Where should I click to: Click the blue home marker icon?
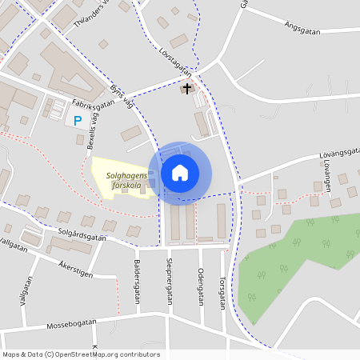click(180, 172)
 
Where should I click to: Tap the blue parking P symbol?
click(78, 121)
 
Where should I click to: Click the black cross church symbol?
click(188, 88)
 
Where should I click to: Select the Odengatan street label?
click(201, 285)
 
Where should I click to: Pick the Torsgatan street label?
click(222, 293)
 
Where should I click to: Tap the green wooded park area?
click(296, 256)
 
